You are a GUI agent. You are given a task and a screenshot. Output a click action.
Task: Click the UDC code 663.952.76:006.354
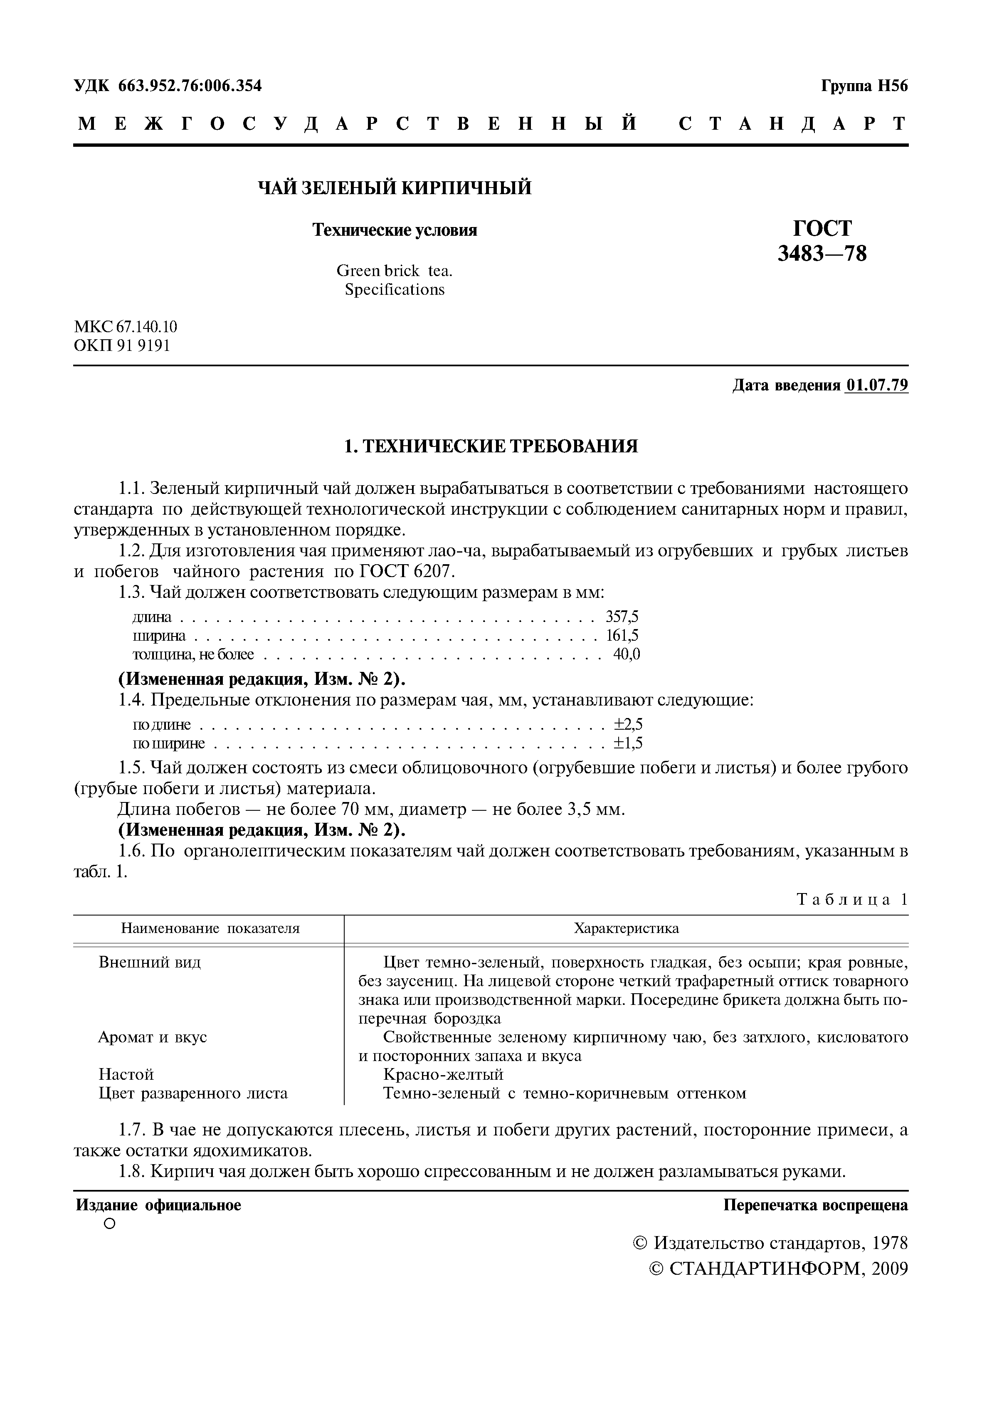point(190,86)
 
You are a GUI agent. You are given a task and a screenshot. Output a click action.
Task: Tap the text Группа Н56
point(864,86)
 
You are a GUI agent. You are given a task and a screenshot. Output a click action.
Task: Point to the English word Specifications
point(395,289)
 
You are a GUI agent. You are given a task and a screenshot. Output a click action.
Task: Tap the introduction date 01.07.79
point(877,385)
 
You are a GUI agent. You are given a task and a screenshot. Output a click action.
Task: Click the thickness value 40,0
point(627,654)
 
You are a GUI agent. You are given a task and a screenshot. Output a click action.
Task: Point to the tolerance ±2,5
point(628,724)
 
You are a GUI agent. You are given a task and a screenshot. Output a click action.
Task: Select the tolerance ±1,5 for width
point(628,743)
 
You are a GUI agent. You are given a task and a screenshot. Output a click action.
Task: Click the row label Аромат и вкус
point(153,1037)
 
